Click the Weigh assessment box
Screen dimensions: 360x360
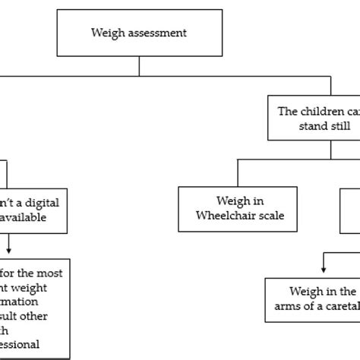pyautogui.click(x=140, y=33)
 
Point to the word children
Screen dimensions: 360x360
pyautogui.click(x=320, y=111)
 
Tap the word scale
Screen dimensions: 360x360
pyautogui.click(x=270, y=216)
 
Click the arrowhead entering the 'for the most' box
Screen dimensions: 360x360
pyautogui.click(x=8, y=253)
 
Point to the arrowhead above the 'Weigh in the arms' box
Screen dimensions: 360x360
pyautogui.click(x=325, y=271)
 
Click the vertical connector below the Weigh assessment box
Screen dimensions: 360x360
pyautogui.click(x=140, y=66)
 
